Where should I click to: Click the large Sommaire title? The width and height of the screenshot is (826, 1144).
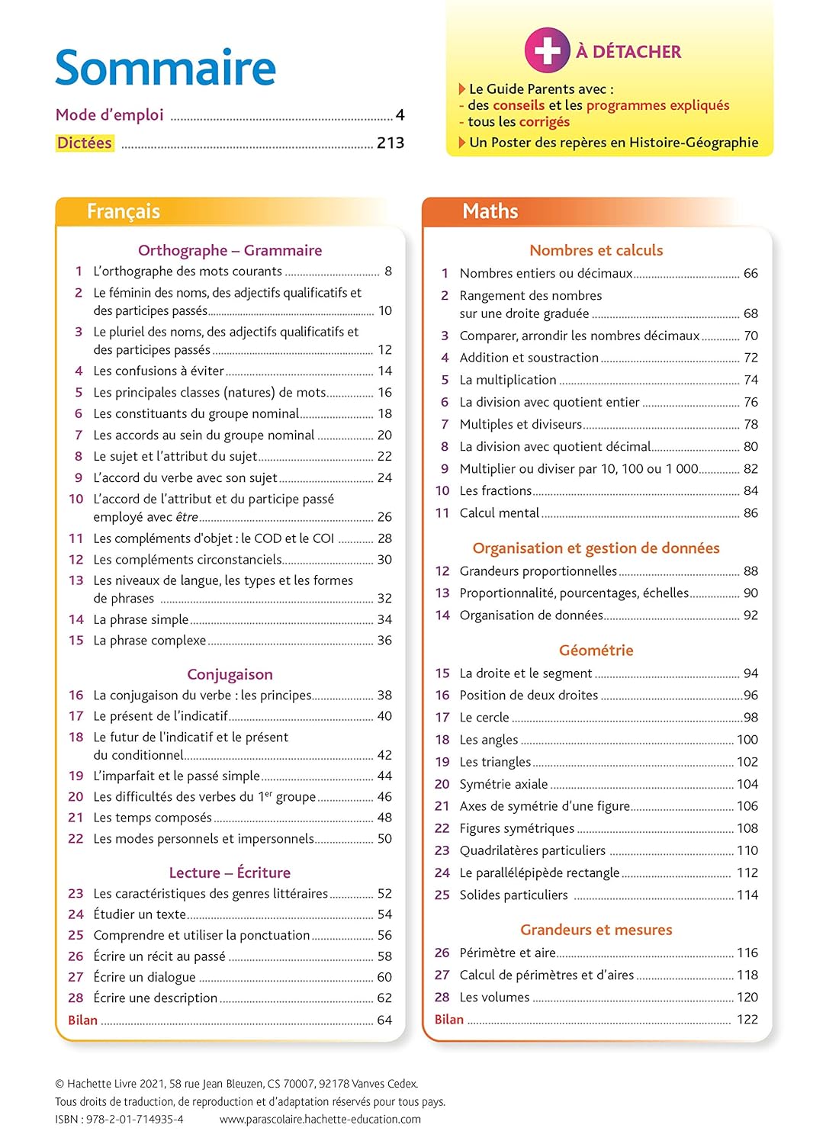click(x=166, y=68)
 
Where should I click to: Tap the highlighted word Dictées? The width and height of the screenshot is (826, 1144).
click(x=85, y=143)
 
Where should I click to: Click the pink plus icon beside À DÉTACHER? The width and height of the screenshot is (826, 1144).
click(x=547, y=50)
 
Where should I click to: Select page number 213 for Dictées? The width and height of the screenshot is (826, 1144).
click(x=391, y=143)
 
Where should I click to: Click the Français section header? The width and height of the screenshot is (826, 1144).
click(x=124, y=211)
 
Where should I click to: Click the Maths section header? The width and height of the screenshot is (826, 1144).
click(x=490, y=211)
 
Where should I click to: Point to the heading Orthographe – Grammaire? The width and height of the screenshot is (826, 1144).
click(x=230, y=250)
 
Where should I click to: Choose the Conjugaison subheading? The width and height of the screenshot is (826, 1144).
click(x=230, y=674)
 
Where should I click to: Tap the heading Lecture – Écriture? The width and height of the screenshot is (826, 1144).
click(x=230, y=872)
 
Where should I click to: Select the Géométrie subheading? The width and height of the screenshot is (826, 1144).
click(x=596, y=651)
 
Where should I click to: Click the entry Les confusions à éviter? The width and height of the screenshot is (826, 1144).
click(x=159, y=371)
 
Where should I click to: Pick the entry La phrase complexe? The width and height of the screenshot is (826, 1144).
click(x=149, y=641)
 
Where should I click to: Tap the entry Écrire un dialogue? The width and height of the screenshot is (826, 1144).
click(x=144, y=977)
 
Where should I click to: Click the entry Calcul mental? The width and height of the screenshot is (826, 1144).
click(x=500, y=513)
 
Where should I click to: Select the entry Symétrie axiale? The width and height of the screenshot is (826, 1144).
click(x=503, y=784)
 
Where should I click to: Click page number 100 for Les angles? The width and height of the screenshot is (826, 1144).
click(x=747, y=740)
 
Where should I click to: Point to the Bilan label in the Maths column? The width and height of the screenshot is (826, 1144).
click(x=449, y=1020)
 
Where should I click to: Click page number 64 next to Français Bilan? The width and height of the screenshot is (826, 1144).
click(x=384, y=1020)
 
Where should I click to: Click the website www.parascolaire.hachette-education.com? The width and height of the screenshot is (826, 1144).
click(x=320, y=1120)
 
